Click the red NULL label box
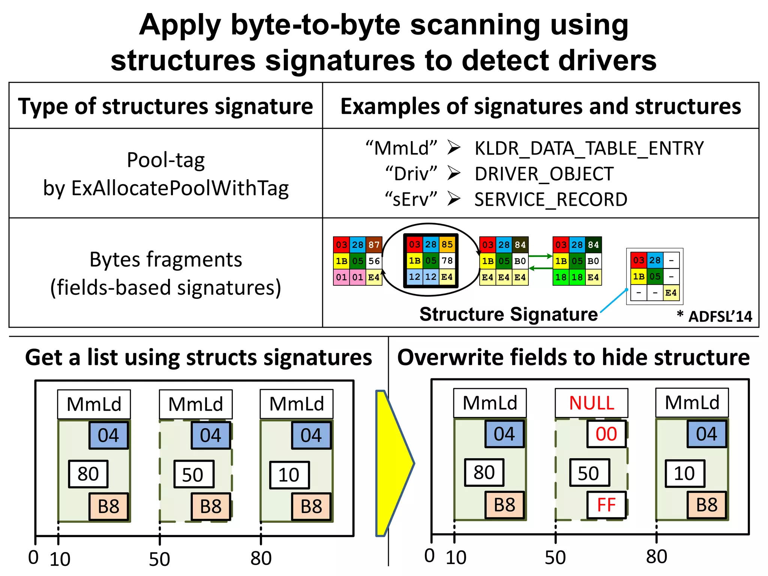pos(591,403)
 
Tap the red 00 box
pos(606,434)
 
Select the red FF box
pos(606,505)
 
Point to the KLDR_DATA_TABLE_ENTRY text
pos(589,148)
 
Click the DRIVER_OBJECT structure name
pos(544,174)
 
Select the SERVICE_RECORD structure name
pos(550,199)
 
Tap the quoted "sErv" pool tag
pos(411,199)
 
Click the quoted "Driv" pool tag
pos(411,174)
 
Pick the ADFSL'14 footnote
pos(720,316)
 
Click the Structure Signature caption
pos(508,314)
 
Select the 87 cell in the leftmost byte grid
pos(374,245)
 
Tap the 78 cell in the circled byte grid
pos(447,261)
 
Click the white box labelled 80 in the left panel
pos(88,474)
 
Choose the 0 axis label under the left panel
pos(33,557)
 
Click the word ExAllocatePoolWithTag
pos(180,188)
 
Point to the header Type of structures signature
pos(165,106)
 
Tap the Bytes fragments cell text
pos(166,259)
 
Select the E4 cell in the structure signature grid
pos(671,293)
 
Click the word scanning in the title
pos(475,25)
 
